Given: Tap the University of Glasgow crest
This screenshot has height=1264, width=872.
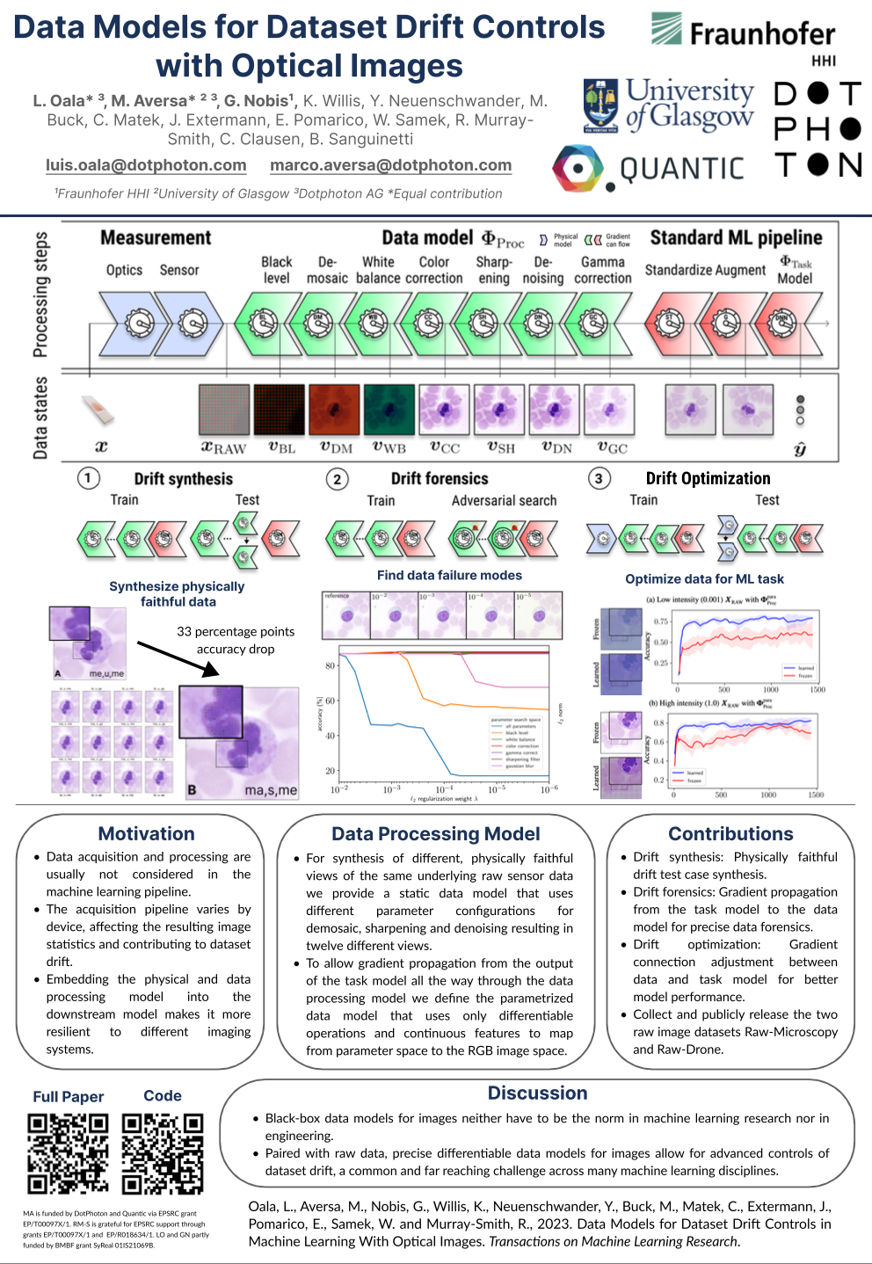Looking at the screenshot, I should point(601,105).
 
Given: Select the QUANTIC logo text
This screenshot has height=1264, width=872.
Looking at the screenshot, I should point(681,168).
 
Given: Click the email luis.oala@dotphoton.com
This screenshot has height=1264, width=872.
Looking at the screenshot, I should point(146,165).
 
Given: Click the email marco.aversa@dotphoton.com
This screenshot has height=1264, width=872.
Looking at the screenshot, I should point(390,165).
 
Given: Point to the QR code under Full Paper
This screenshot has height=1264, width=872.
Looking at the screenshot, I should point(68,1153).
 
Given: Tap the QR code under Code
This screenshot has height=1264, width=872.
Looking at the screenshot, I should point(163,1153).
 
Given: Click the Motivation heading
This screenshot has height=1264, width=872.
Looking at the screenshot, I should point(146,833).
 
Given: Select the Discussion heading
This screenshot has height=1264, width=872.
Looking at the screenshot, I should point(537,1093).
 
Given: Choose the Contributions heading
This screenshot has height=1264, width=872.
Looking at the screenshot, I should point(730,833).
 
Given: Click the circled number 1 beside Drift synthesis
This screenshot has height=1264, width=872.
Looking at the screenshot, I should point(88,478).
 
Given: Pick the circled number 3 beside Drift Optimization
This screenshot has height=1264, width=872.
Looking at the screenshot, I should point(599,478).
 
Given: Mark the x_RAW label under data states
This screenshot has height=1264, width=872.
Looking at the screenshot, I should point(223,447).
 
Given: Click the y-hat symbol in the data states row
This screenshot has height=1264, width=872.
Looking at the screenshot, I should point(799,449).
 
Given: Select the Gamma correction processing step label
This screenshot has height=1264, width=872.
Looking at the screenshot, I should point(602,270).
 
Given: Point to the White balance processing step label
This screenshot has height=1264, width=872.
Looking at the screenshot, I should point(378,270).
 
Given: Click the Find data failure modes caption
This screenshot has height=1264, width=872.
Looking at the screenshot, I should point(449,575).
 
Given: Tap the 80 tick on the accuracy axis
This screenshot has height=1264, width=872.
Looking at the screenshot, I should point(331,665).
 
